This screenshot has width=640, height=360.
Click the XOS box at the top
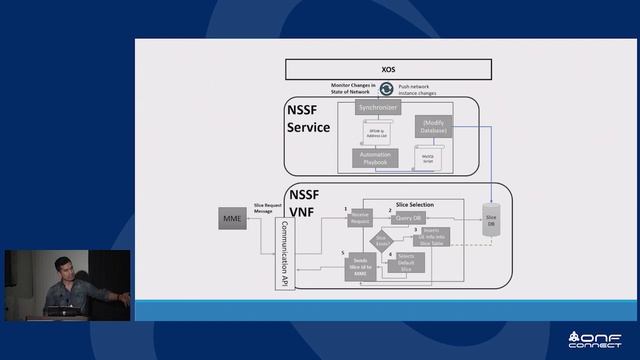pyautogui.click(x=389, y=70)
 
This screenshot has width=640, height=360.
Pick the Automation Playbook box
pyautogui.click(x=376, y=157)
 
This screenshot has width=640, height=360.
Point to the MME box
pyautogui.click(x=233, y=217)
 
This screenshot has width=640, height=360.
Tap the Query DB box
pyautogui.click(x=409, y=217)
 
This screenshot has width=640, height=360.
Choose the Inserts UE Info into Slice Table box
pyautogui.click(x=431, y=237)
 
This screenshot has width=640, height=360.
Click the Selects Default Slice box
pyautogui.click(x=412, y=262)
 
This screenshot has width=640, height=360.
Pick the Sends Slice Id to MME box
pyautogui.click(x=362, y=267)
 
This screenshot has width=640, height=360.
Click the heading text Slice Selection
pyautogui.click(x=415, y=203)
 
